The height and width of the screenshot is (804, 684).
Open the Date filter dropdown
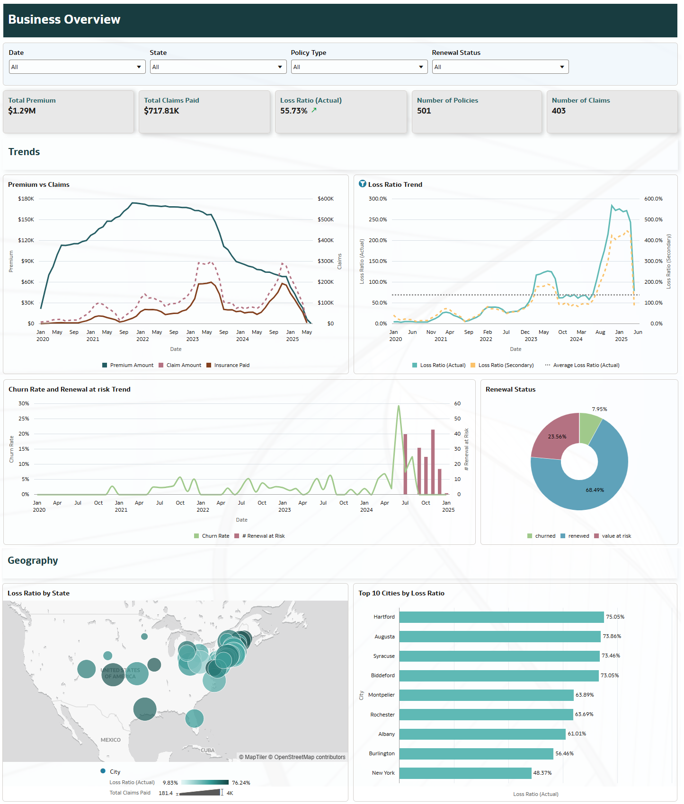click(77, 67)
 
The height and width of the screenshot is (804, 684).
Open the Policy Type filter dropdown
click(359, 67)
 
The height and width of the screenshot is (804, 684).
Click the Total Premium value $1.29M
click(22, 111)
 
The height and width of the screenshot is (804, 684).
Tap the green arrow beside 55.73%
click(314, 110)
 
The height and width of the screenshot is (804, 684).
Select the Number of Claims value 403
click(559, 111)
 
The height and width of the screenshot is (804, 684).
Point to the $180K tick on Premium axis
click(26, 199)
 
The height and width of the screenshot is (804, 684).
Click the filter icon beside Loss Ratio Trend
click(363, 184)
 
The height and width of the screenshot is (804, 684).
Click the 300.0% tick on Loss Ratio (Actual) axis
click(378, 199)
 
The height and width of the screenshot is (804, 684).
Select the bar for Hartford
click(501, 617)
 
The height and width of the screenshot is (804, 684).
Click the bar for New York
click(465, 773)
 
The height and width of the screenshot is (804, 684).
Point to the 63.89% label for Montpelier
click(585, 695)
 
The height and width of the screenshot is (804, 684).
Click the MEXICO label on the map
click(111, 740)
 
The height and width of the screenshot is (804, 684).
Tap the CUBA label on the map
click(208, 750)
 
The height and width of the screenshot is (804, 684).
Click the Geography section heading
click(33, 560)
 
